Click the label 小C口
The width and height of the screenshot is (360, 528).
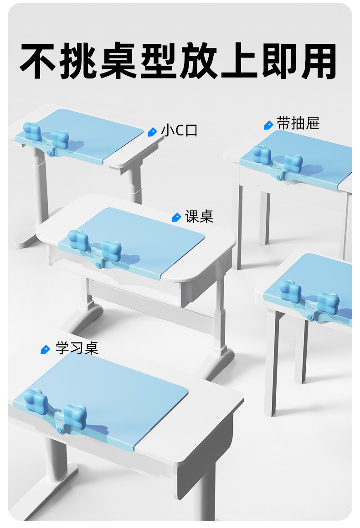(180, 131)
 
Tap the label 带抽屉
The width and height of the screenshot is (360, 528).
(298, 124)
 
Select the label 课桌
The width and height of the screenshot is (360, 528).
(199, 217)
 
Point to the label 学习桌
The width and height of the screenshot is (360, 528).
(77, 348)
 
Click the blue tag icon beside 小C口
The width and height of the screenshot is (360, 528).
(153, 132)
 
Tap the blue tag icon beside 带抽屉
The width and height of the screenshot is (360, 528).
(268, 124)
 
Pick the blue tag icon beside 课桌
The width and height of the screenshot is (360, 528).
(176, 217)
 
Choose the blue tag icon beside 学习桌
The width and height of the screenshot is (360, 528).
(45, 349)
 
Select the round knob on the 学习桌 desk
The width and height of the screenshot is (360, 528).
(60, 430)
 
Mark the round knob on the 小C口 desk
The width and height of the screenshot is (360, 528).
(48, 155)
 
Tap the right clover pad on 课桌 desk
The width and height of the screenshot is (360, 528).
(111, 250)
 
